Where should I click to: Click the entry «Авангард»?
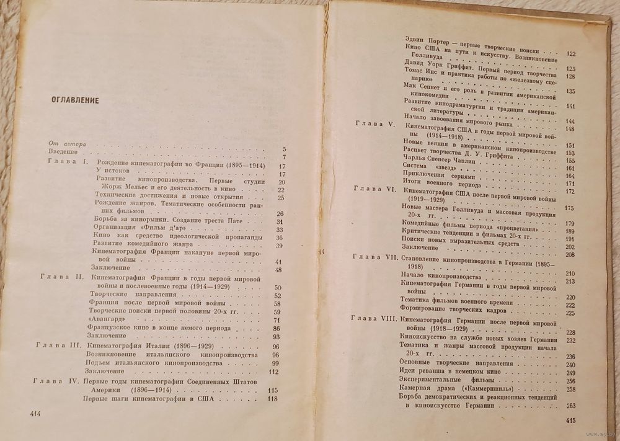point(103,319)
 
